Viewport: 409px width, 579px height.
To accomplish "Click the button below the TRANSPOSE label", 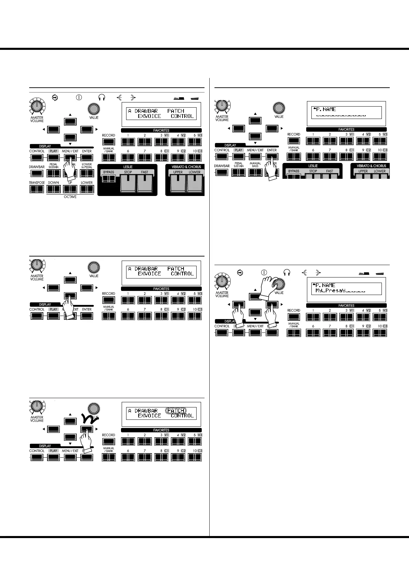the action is tap(36, 189).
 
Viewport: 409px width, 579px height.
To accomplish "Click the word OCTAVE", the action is tap(70, 197).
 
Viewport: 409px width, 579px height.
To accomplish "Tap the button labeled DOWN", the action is tap(54, 189).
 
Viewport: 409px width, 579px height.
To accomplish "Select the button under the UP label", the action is tap(70, 189).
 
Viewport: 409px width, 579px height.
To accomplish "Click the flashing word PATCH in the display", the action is tap(176, 411).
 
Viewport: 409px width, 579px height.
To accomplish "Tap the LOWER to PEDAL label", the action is tap(87, 166).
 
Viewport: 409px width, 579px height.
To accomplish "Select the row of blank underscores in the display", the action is tap(341, 115).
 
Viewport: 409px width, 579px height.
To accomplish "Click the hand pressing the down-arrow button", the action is tap(70, 308).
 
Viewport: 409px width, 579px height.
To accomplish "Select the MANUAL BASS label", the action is tap(255, 165).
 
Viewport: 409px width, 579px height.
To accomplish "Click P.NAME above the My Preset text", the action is tap(325, 285).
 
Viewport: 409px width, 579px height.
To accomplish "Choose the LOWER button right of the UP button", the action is tap(87, 189).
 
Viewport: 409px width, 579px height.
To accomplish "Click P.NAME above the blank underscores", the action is tap(325, 109).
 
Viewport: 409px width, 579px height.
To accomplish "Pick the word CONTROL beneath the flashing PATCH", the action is tap(182, 416).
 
